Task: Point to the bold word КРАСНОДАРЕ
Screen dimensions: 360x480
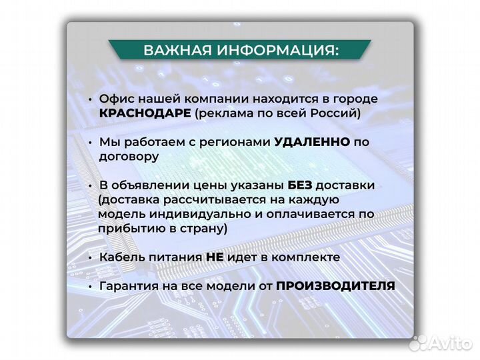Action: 146,113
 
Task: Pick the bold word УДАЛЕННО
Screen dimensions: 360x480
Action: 311,142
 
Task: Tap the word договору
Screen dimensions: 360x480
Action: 129,157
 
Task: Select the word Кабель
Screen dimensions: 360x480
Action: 123,257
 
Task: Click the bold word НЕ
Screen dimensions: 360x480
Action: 214,257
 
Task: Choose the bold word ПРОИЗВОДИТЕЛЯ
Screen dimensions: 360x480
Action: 335,285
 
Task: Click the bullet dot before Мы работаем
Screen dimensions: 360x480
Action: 89,143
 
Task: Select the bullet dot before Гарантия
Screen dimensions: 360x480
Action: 89,286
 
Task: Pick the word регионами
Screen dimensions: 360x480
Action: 229,142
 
